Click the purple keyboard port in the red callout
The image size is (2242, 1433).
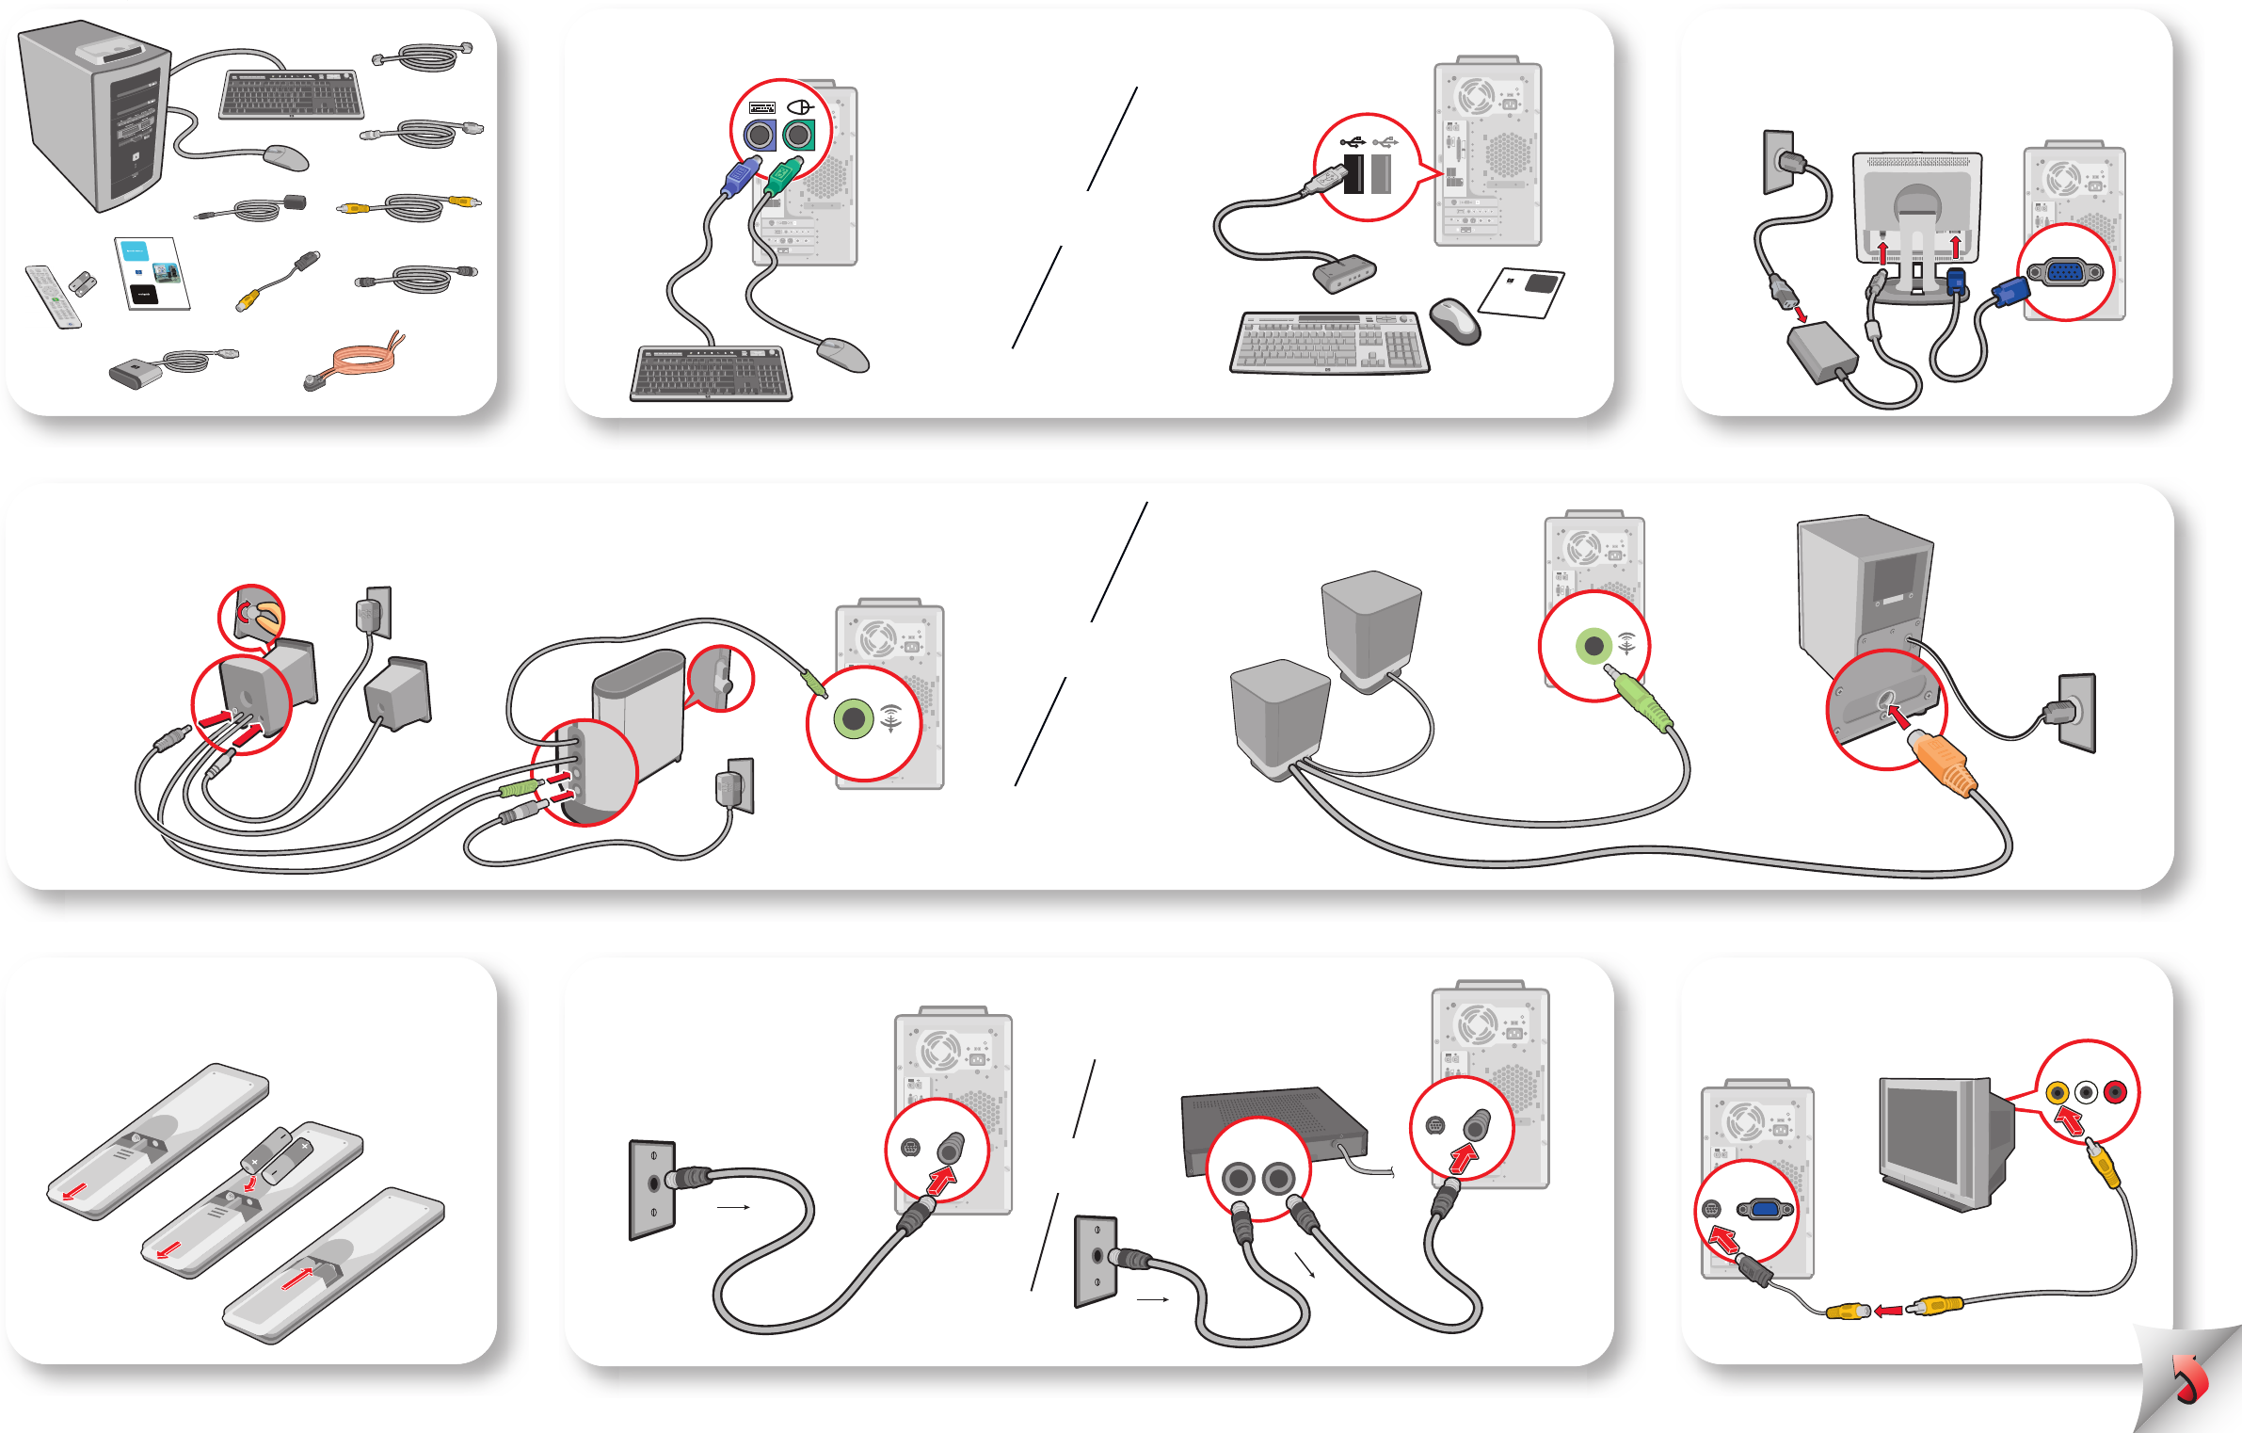pos(760,136)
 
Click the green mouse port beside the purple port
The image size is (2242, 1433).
pos(798,136)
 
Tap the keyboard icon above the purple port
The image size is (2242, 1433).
pos(761,108)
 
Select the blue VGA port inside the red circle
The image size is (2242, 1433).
pos(2065,273)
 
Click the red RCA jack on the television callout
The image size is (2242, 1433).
pos(2114,1092)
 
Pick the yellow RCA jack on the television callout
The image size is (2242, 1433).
pos(2058,1092)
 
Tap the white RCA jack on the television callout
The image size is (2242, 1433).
pos(2086,1092)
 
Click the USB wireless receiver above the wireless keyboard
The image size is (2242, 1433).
pos(1345,272)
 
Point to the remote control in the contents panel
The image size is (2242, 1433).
pos(53,297)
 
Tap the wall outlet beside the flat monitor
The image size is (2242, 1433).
pos(1778,162)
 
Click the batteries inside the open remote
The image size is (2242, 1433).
pos(278,1152)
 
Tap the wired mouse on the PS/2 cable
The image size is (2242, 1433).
pos(843,355)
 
